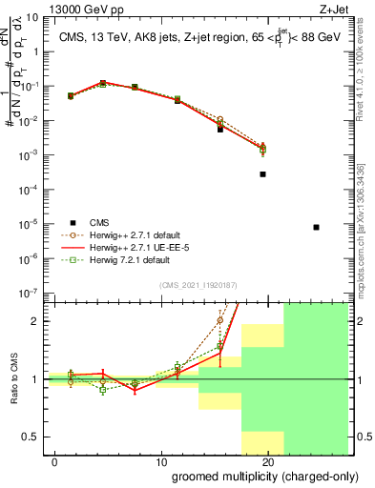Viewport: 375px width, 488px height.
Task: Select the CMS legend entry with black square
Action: point(106,222)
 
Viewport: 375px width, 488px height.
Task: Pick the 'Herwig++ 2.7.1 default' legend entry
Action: point(133,234)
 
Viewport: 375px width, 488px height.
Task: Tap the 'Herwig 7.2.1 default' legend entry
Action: point(128,259)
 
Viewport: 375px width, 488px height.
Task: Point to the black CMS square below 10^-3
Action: point(262,174)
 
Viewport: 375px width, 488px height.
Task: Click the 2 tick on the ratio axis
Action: point(35,321)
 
